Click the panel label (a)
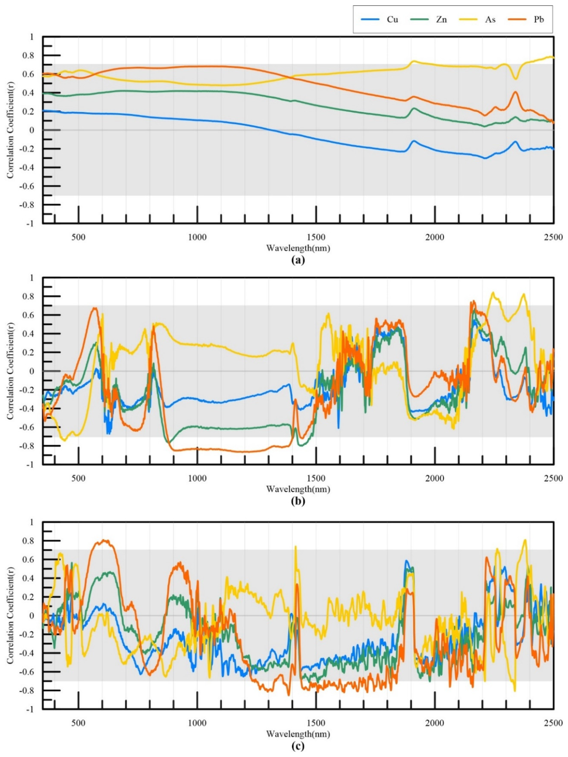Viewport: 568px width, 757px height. [297, 260]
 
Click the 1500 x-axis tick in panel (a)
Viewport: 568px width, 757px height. [316, 237]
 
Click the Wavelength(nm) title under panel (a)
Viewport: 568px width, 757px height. [298, 248]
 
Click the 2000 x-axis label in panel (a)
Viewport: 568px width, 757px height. [435, 237]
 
